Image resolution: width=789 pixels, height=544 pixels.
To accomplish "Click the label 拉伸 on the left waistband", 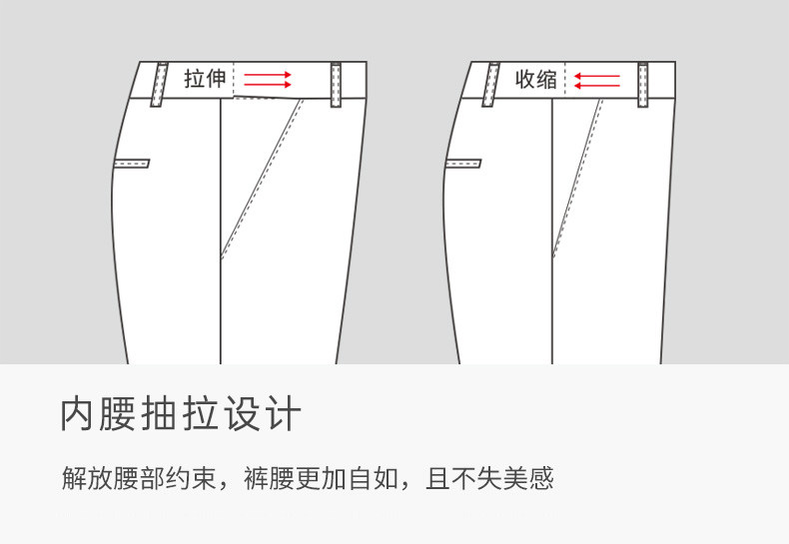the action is pyautogui.click(x=206, y=79).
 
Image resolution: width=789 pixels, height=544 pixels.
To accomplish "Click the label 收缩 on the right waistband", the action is pyautogui.click(x=536, y=79).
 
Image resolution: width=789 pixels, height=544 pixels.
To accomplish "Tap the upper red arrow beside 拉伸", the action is pyautogui.click(x=268, y=73).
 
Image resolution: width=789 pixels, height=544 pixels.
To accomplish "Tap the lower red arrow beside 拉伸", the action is pyautogui.click(x=268, y=85).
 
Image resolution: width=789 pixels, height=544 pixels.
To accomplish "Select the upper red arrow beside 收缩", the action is pyautogui.click(x=598, y=73).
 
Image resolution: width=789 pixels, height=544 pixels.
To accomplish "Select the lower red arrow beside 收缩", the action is pyautogui.click(x=598, y=85).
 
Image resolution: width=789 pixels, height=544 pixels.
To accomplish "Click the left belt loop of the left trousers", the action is pyautogui.click(x=159, y=85).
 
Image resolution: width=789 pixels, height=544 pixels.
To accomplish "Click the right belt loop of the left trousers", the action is pyautogui.click(x=336, y=85).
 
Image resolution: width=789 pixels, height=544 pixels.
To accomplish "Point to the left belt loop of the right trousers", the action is pyautogui.click(x=491, y=85).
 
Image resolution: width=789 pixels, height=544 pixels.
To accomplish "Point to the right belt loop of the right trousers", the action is pyautogui.click(x=643, y=85).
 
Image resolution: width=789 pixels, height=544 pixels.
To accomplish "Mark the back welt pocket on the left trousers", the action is pyautogui.click(x=132, y=163).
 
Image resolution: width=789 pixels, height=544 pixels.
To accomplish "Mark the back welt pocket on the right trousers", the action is pyautogui.click(x=463, y=163).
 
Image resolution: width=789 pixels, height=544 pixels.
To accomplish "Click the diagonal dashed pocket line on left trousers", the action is pyautogui.click(x=262, y=180).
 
